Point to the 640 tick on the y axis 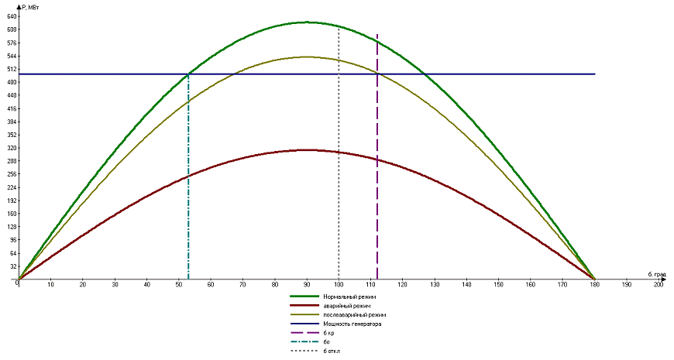12,16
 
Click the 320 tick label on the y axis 12,148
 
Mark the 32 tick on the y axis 13,266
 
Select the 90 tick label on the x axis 307,286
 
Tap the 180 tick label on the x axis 594,286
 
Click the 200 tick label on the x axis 659,286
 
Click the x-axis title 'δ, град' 657,274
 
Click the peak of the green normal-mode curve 307,22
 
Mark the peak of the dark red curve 307,150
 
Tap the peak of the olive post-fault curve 307,57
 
